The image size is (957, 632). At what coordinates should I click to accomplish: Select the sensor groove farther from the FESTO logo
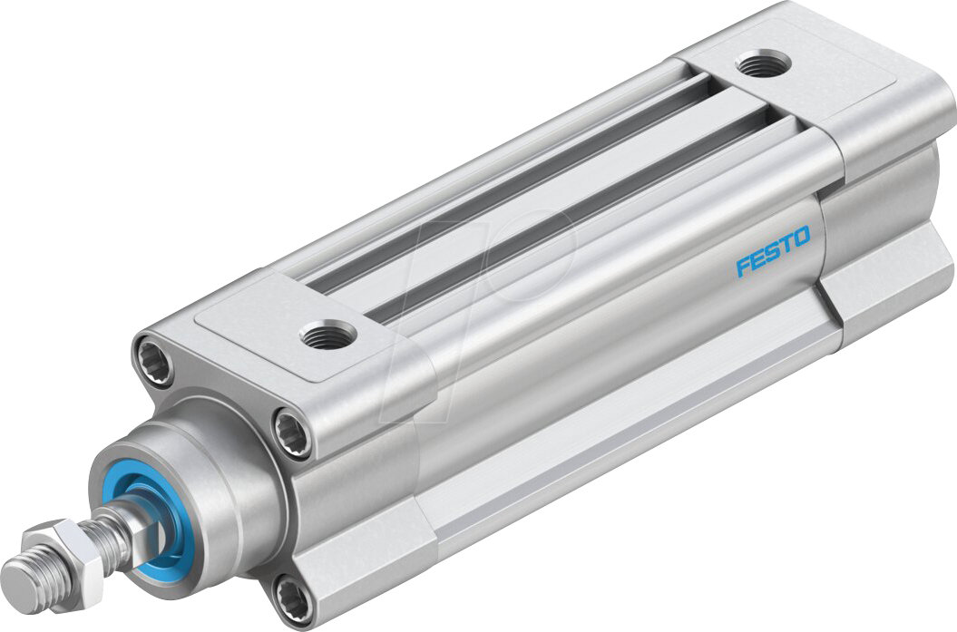[508, 172]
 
